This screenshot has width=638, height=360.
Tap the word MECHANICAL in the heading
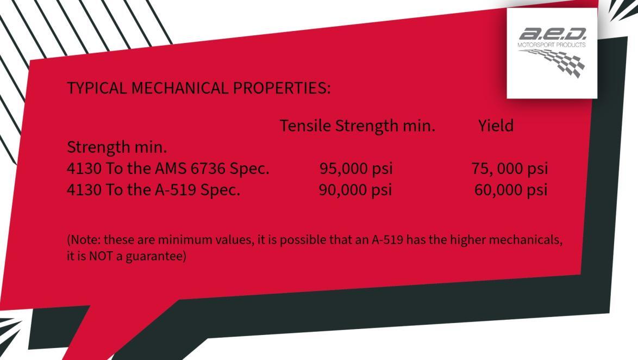pyautogui.click(x=180, y=88)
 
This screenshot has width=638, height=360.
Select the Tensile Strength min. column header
pyautogui.click(x=357, y=126)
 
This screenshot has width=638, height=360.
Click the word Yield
pyautogui.click(x=496, y=126)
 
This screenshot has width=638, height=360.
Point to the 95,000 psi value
pyautogui.click(x=356, y=169)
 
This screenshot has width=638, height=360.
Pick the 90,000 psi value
pyautogui.click(x=355, y=190)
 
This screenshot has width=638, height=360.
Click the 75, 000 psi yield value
pyautogui.click(x=509, y=169)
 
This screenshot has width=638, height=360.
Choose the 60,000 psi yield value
pyautogui.click(x=510, y=190)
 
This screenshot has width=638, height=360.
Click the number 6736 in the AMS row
pyautogui.click(x=209, y=169)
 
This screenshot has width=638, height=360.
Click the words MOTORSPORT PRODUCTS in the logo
pyautogui.click(x=552, y=45)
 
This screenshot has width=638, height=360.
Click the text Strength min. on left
pyautogui.click(x=117, y=147)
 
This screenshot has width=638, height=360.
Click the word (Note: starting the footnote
pyautogui.click(x=84, y=239)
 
